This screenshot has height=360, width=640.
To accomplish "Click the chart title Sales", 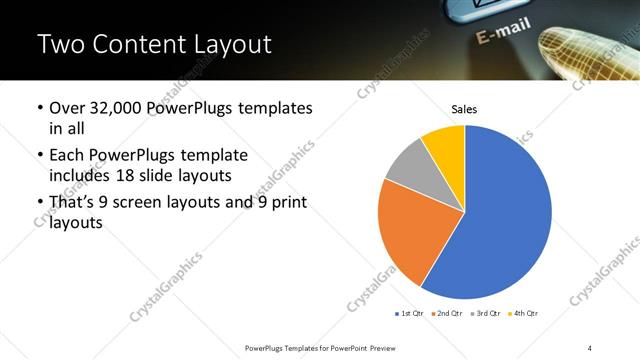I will coord(465,109).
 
